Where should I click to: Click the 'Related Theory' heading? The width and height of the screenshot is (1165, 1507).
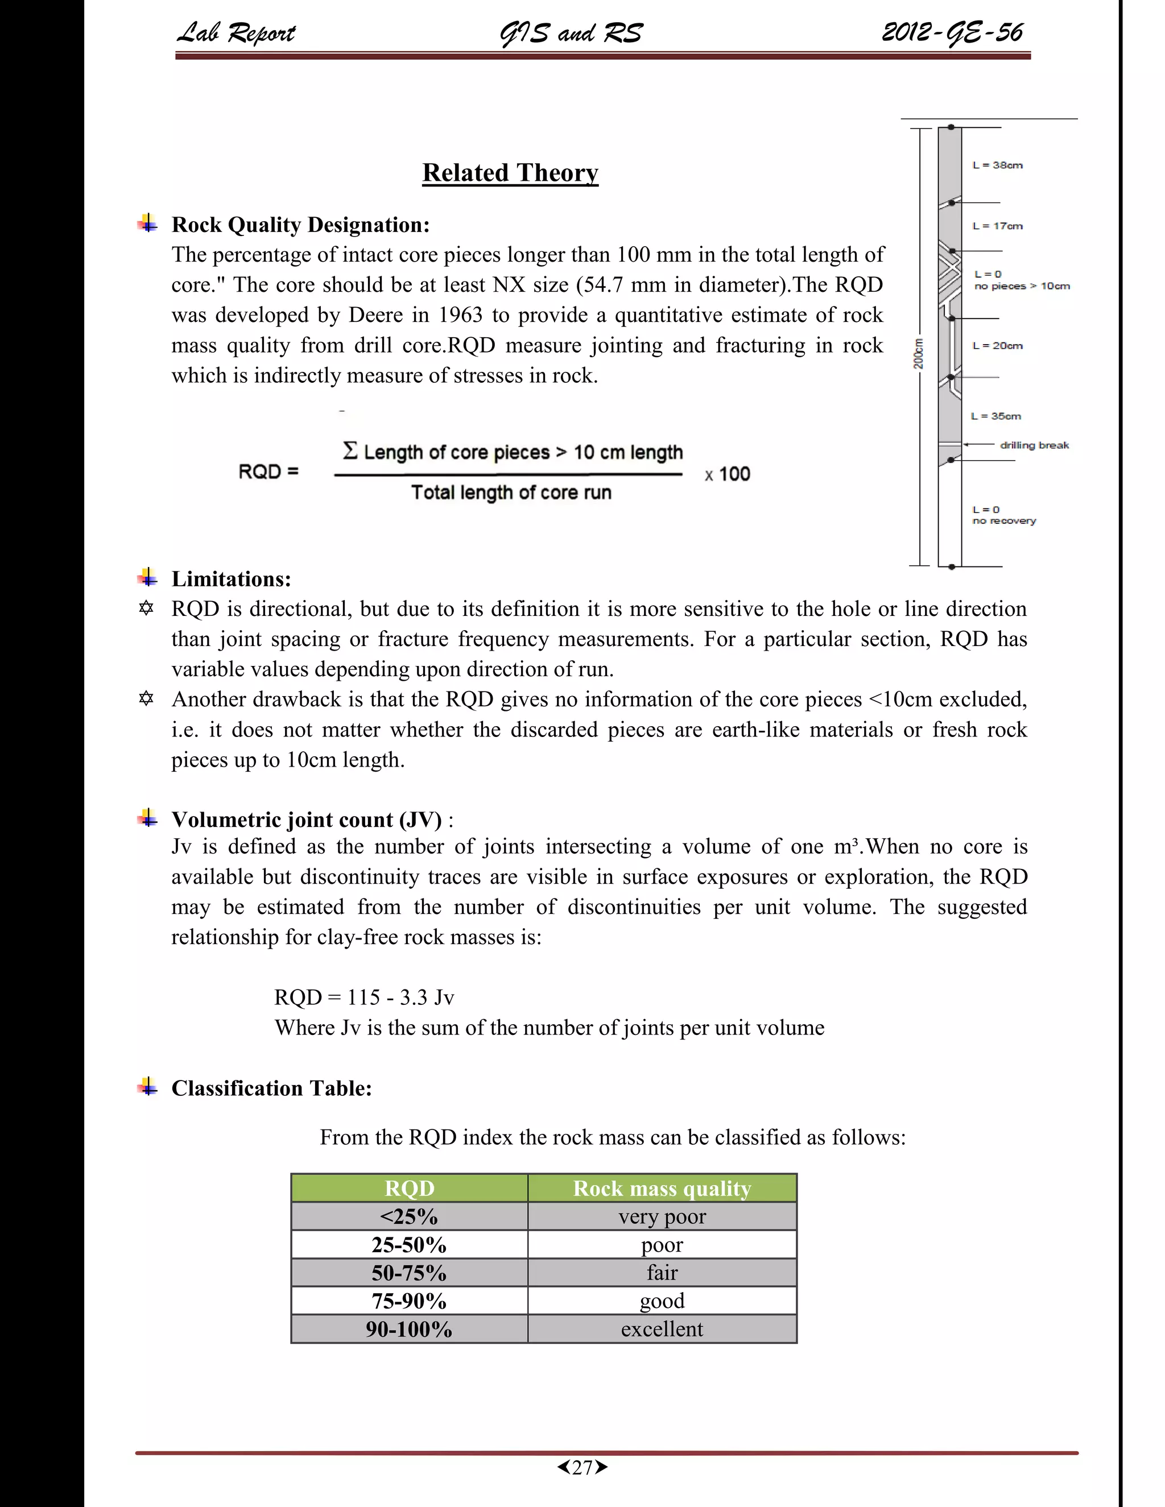[x=510, y=172]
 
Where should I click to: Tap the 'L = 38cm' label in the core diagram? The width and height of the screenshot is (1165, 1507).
[x=997, y=165]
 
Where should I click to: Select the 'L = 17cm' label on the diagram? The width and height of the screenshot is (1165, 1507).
[x=997, y=226]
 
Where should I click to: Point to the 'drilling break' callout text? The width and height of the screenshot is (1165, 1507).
[x=1034, y=446]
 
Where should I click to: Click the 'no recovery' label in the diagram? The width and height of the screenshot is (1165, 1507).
[x=1003, y=521]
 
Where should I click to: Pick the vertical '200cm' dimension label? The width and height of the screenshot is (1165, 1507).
[x=918, y=353]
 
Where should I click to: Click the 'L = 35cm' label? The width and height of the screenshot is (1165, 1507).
[x=996, y=416]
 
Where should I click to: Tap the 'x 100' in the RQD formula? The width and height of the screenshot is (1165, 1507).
[x=728, y=475]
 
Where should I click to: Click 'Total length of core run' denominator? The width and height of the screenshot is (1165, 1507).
[x=511, y=492]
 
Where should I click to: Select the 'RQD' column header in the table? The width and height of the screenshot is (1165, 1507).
[x=409, y=1188]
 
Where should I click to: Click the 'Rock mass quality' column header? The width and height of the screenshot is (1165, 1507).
[x=662, y=1188]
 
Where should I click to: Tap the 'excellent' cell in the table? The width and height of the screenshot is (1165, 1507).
[x=662, y=1329]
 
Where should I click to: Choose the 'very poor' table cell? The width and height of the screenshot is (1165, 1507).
[x=662, y=1216]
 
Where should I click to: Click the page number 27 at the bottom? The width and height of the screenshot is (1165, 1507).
[x=582, y=1468]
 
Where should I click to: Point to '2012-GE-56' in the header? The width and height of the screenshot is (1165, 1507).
[x=952, y=32]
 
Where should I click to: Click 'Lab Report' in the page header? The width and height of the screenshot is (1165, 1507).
[x=236, y=32]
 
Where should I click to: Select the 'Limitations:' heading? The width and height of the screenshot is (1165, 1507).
[x=231, y=579]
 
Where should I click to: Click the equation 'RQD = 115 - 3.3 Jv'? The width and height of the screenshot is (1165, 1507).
[x=363, y=997]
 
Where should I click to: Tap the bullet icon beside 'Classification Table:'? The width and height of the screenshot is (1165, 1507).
[x=147, y=1087]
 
